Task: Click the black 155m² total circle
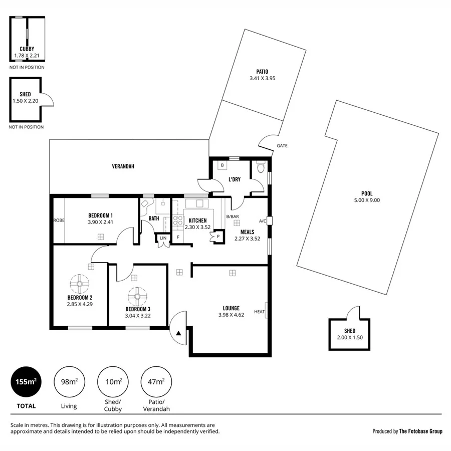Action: [26, 382]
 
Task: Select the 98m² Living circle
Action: [69, 382]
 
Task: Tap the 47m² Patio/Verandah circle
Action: [156, 382]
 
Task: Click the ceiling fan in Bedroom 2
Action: [79, 284]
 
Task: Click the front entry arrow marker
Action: [179, 332]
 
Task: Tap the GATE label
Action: [282, 146]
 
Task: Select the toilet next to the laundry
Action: [260, 167]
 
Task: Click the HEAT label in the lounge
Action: [259, 312]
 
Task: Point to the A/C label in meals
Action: [262, 221]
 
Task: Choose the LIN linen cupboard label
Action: [163, 238]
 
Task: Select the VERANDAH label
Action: [123, 166]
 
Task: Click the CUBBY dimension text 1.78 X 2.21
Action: [27, 55]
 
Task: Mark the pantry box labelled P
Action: [217, 237]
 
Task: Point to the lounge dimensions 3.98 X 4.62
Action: [231, 315]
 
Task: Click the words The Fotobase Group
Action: [420, 431]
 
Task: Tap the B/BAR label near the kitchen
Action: [232, 216]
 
